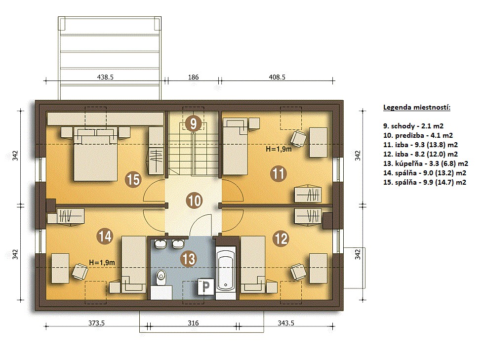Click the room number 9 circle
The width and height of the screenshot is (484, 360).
(193, 123)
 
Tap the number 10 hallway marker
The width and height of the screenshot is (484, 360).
(195, 200)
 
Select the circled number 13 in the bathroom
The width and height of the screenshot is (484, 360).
(189, 258)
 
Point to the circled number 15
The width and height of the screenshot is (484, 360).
(133, 179)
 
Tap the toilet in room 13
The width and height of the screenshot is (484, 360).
(161, 277)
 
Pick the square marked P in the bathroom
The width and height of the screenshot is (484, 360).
(206, 286)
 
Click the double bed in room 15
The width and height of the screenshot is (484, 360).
(95, 154)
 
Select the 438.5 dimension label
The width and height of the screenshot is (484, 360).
(105, 77)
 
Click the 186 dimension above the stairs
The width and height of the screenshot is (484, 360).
(194, 77)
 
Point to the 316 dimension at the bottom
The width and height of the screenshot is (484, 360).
(193, 323)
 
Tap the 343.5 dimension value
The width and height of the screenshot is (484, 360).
(286, 323)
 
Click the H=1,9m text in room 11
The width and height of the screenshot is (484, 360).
(279, 149)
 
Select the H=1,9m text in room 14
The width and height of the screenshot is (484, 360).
(102, 263)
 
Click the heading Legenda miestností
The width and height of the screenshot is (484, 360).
(417, 108)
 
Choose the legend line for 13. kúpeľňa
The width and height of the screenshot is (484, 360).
(426, 163)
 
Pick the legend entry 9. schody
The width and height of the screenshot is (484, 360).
(413, 126)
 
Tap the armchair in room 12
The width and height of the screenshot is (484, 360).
(298, 272)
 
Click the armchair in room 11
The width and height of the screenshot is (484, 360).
(298, 139)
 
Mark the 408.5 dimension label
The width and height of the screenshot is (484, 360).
(277, 77)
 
